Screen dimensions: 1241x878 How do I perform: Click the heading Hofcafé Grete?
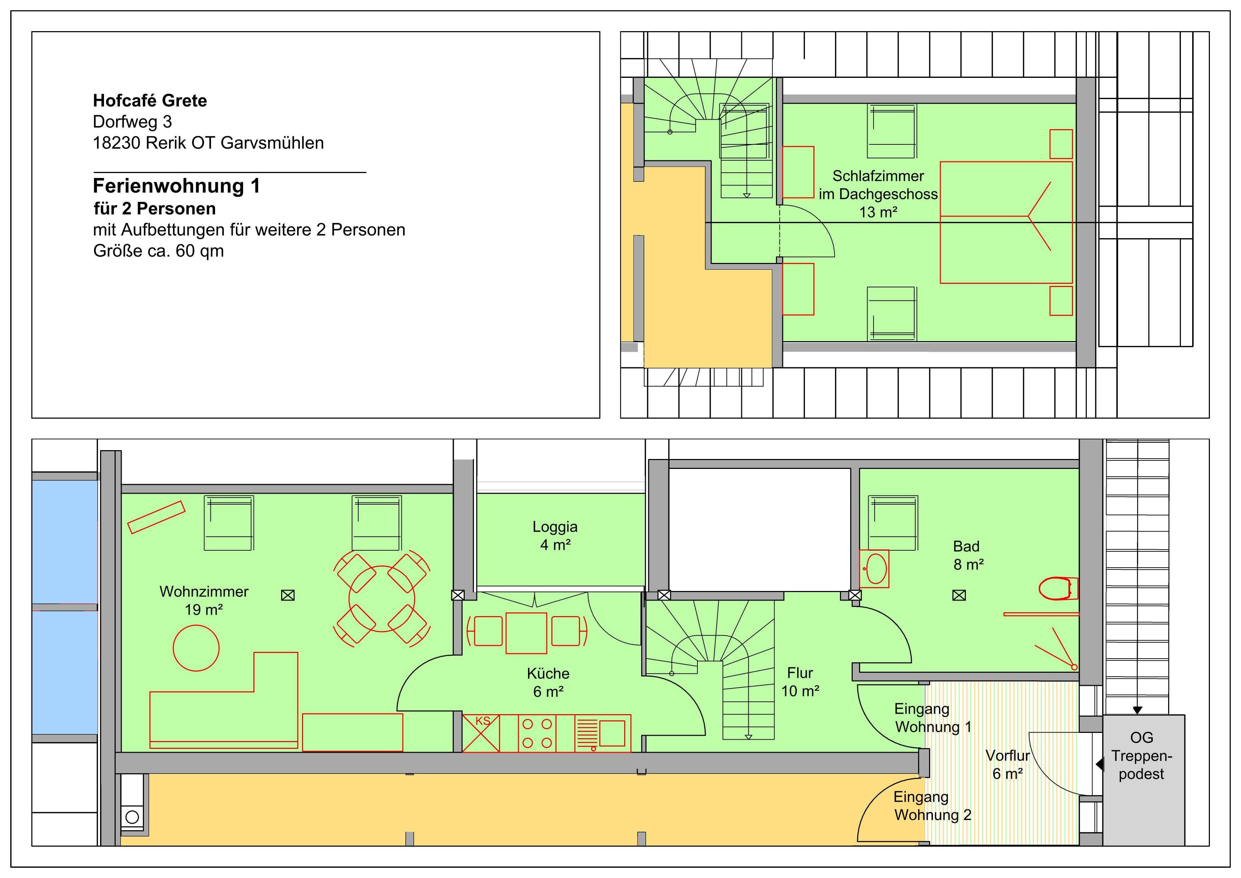point(150,101)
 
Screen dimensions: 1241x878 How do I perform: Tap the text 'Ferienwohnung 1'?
point(176,186)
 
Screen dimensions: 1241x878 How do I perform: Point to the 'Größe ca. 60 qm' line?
point(158,251)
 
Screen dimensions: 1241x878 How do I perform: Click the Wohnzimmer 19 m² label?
point(204,601)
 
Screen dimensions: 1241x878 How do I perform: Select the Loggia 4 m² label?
point(555,535)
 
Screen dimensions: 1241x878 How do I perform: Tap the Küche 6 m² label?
point(548,682)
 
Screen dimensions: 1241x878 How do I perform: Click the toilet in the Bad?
point(1058,589)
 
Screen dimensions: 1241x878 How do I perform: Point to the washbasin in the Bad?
point(874,569)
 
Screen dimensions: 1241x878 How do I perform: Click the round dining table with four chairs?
point(382,598)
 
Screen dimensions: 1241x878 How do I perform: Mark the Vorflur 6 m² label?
point(1008,764)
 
